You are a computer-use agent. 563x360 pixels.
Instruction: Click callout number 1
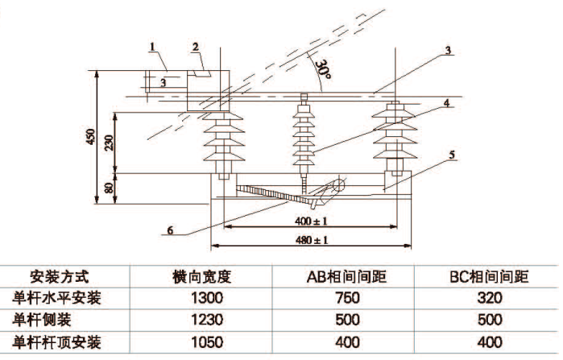[x=152, y=47]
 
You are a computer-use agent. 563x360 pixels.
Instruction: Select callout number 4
[x=445, y=103]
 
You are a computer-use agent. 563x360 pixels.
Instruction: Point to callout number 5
[x=452, y=153]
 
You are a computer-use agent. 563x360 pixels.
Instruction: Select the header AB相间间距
[x=347, y=278]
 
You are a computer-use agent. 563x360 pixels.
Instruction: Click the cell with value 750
[x=347, y=298]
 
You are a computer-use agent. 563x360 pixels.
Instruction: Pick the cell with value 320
[x=488, y=298]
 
